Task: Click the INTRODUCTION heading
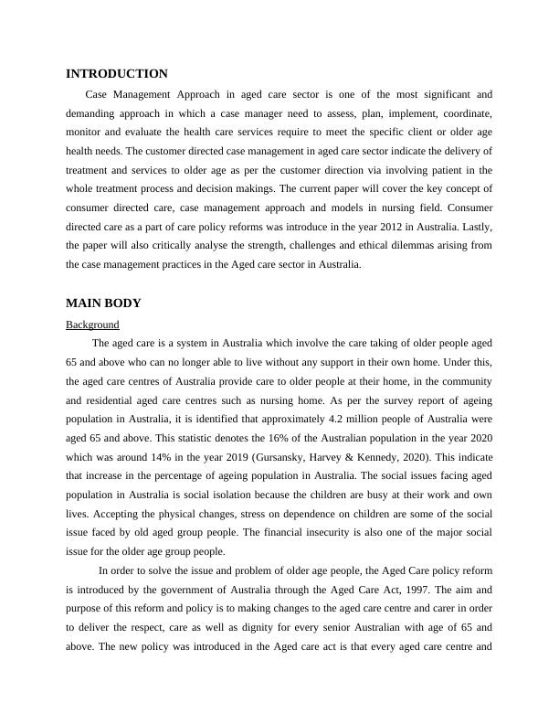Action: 117,74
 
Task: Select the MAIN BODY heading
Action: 103,303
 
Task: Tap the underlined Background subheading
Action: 92,325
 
